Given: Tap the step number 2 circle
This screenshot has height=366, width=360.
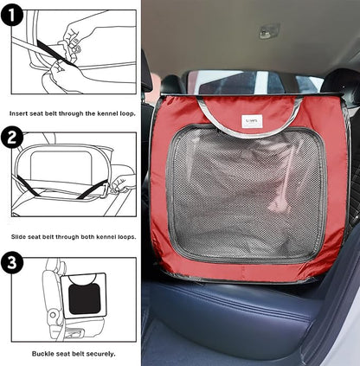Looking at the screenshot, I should click(x=12, y=138).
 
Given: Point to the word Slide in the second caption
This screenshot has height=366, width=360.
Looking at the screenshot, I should click(x=20, y=236).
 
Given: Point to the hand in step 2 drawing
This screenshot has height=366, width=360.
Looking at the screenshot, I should click(x=121, y=182).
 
